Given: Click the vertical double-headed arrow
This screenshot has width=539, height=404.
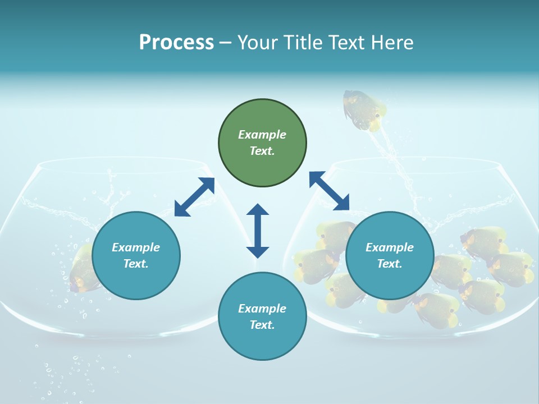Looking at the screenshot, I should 258,231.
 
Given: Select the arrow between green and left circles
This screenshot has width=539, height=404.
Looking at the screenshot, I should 194,197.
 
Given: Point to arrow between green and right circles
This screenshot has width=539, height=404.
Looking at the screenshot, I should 329,191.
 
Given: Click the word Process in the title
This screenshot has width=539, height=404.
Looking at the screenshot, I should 176,43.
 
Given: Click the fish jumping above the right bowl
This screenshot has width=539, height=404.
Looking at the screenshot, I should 364,109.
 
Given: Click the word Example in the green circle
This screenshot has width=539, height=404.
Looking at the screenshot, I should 262,135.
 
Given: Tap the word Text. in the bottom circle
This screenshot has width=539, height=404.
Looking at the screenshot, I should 262,325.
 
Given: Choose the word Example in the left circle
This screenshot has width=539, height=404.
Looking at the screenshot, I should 136,247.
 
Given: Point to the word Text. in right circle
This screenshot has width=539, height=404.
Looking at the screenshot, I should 390,264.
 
